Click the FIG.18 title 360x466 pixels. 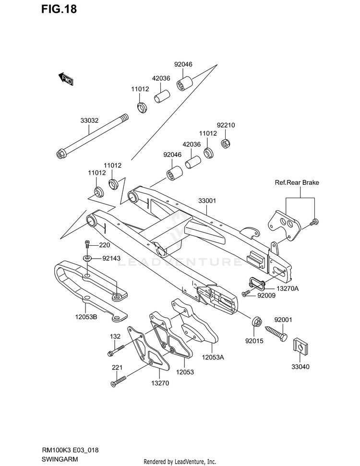click(x=59, y=9)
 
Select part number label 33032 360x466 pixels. click(x=89, y=120)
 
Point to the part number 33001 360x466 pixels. click(x=207, y=201)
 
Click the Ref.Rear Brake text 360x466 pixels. click(x=297, y=182)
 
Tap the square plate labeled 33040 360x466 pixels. click(x=300, y=346)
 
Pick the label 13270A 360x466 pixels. click(x=287, y=288)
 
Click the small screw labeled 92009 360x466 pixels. click(x=246, y=294)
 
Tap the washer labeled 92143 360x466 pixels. click(x=87, y=257)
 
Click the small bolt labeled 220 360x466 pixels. click(x=87, y=244)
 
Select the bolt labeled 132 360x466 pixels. click(x=116, y=350)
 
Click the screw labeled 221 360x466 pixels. click(x=119, y=381)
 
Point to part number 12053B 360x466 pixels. click(x=86, y=317)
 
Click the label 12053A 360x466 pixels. click(x=213, y=357)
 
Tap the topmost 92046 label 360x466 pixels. click(x=183, y=64)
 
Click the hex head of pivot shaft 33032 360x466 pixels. click(x=60, y=154)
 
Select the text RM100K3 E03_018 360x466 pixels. click(x=70, y=450)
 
